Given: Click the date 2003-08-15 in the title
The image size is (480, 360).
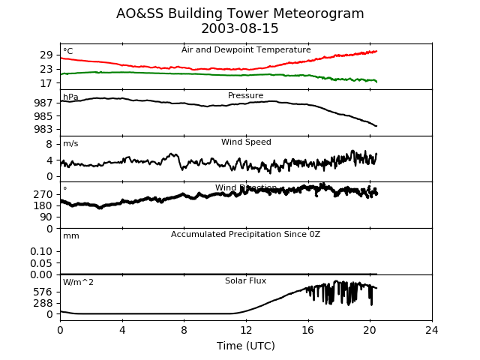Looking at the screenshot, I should (x=240, y=29).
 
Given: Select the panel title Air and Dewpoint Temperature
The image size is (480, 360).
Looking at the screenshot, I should (x=246, y=49).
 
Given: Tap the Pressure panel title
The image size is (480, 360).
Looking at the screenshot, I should (x=246, y=96).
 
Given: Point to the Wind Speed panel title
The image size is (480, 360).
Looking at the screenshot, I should (x=246, y=142).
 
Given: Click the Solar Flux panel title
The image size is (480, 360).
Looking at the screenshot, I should (x=246, y=281).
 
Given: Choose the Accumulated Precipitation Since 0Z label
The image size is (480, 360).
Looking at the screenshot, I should (x=246, y=235).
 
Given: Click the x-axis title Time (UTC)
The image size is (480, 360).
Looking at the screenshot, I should (x=246, y=346).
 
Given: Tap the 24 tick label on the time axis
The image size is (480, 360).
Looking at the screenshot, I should (x=432, y=330).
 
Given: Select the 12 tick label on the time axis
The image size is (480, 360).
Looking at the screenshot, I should (x=246, y=330).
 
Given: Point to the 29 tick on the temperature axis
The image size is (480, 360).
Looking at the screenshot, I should (x=46, y=55).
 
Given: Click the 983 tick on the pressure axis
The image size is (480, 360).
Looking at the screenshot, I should (x=43, y=129).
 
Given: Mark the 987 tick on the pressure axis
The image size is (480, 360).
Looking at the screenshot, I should (x=43, y=103).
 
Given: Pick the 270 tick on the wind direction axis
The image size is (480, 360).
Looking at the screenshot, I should (x=43, y=194).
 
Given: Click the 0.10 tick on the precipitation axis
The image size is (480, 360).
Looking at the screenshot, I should (x=41, y=251).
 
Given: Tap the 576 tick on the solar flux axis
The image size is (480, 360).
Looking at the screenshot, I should (x=43, y=292).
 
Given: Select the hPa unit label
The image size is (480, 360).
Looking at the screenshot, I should (x=70, y=97).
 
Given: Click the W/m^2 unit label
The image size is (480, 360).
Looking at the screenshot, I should (x=79, y=283).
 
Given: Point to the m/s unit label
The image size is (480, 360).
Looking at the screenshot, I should (x=71, y=144).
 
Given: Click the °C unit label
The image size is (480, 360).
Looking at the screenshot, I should (x=68, y=52).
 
